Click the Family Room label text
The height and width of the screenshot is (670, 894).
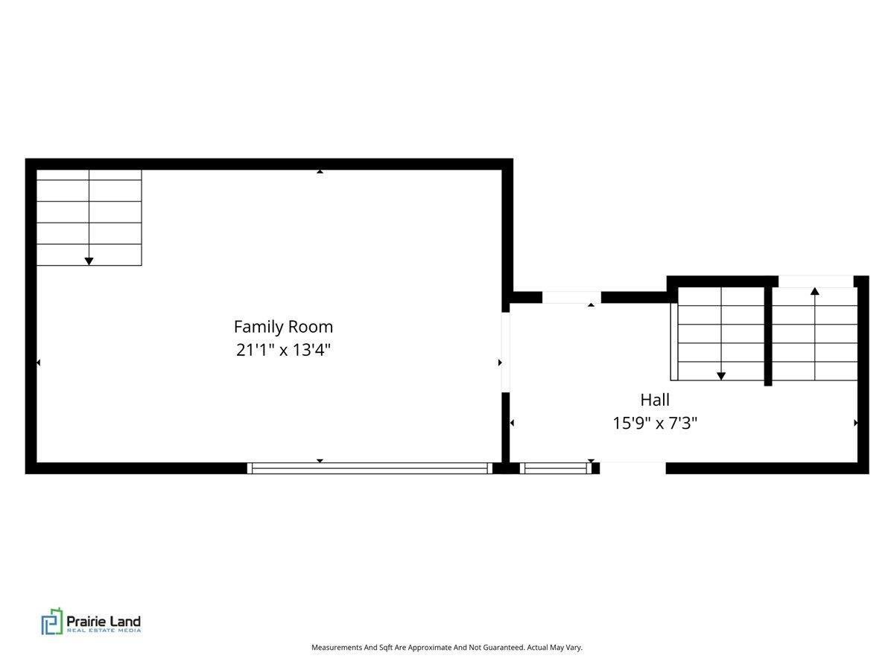coord(283,327)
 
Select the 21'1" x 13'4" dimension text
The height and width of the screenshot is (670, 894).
coord(283,350)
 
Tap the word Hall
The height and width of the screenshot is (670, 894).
coord(655,400)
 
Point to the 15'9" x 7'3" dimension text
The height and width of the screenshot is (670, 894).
coord(655,424)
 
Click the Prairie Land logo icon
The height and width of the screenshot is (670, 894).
coord(52,621)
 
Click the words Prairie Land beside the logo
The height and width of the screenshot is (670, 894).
coord(104,620)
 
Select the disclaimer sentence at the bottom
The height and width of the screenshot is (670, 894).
coord(447,648)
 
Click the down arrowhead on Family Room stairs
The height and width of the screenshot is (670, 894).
coord(89,261)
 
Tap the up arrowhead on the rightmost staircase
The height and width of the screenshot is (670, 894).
coord(815,291)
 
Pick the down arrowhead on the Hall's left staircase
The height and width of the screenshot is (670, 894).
coord(721,377)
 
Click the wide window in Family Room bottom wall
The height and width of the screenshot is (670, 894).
coord(370,468)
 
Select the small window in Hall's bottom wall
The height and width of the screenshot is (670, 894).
coord(556,468)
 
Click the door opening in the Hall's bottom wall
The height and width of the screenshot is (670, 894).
coord(633,468)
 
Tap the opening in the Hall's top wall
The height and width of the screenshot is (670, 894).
coord(571,297)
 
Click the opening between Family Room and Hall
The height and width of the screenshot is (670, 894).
coord(505,352)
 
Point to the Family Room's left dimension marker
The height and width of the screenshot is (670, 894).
coord(39,363)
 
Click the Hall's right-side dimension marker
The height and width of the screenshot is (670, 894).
coord(855,423)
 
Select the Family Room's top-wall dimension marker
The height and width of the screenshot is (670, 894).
coord(320,171)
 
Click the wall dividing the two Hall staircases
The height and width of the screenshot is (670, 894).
coord(768,335)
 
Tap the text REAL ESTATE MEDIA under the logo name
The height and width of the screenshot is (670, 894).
coord(104,631)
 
